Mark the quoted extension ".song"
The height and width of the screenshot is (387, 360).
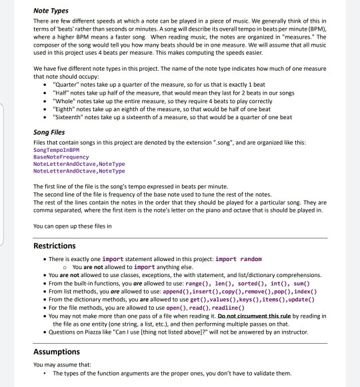(x=183, y=143)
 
